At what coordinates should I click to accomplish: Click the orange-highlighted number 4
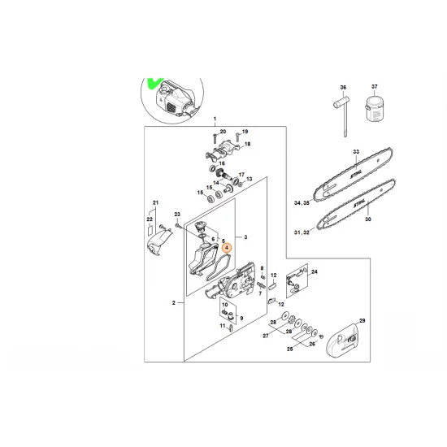228,251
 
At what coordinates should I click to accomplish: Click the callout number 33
355,152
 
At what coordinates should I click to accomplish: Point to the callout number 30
367,219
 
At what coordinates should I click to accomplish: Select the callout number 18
247,144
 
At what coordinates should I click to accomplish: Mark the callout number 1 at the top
215,119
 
